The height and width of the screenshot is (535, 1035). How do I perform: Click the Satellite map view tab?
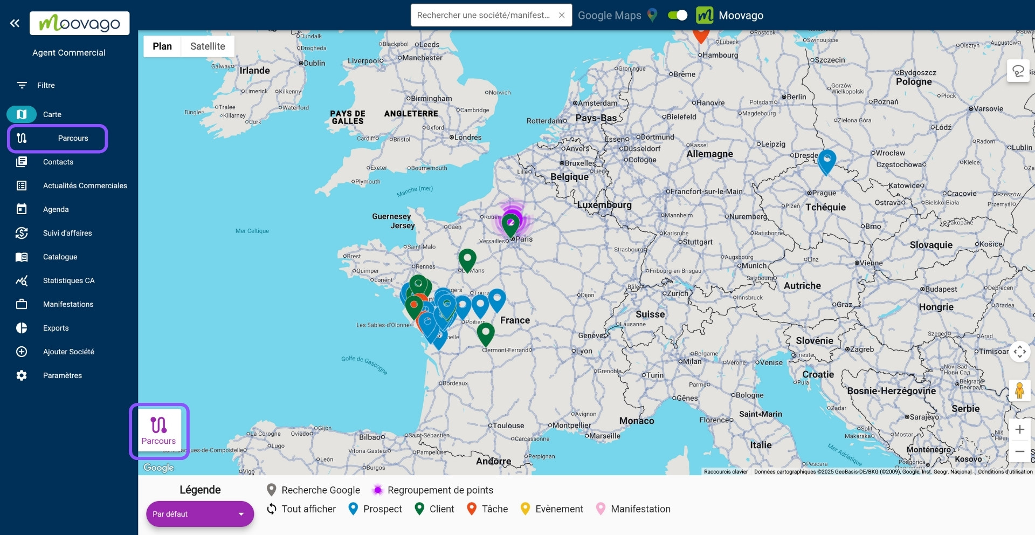point(208,46)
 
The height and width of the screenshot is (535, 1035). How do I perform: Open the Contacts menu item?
point(58,162)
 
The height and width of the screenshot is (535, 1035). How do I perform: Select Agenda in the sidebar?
point(56,209)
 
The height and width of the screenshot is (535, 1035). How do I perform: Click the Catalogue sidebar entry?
point(60,257)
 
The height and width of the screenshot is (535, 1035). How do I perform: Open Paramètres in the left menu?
point(62,375)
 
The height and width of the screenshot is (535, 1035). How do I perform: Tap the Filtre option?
point(46,85)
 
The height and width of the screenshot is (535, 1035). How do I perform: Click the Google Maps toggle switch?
point(678,15)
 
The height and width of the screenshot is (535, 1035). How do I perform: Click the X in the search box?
point(562,15)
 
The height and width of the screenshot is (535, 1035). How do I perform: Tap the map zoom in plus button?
point(1019,429)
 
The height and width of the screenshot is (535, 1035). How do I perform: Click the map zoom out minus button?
point(1019,451)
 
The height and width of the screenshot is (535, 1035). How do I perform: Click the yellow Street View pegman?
point(1019,390)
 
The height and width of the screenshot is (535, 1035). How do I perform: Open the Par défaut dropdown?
point(199,514)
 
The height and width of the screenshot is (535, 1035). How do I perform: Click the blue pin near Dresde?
point(826,161)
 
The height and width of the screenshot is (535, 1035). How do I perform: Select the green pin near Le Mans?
point(467,259)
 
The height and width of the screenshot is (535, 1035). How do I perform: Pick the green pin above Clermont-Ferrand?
point(486,333)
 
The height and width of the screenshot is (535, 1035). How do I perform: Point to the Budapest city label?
point(941,289)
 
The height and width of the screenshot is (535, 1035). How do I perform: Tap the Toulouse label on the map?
point(508,426)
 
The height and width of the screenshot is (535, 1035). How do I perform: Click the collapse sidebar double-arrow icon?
point(15,23)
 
